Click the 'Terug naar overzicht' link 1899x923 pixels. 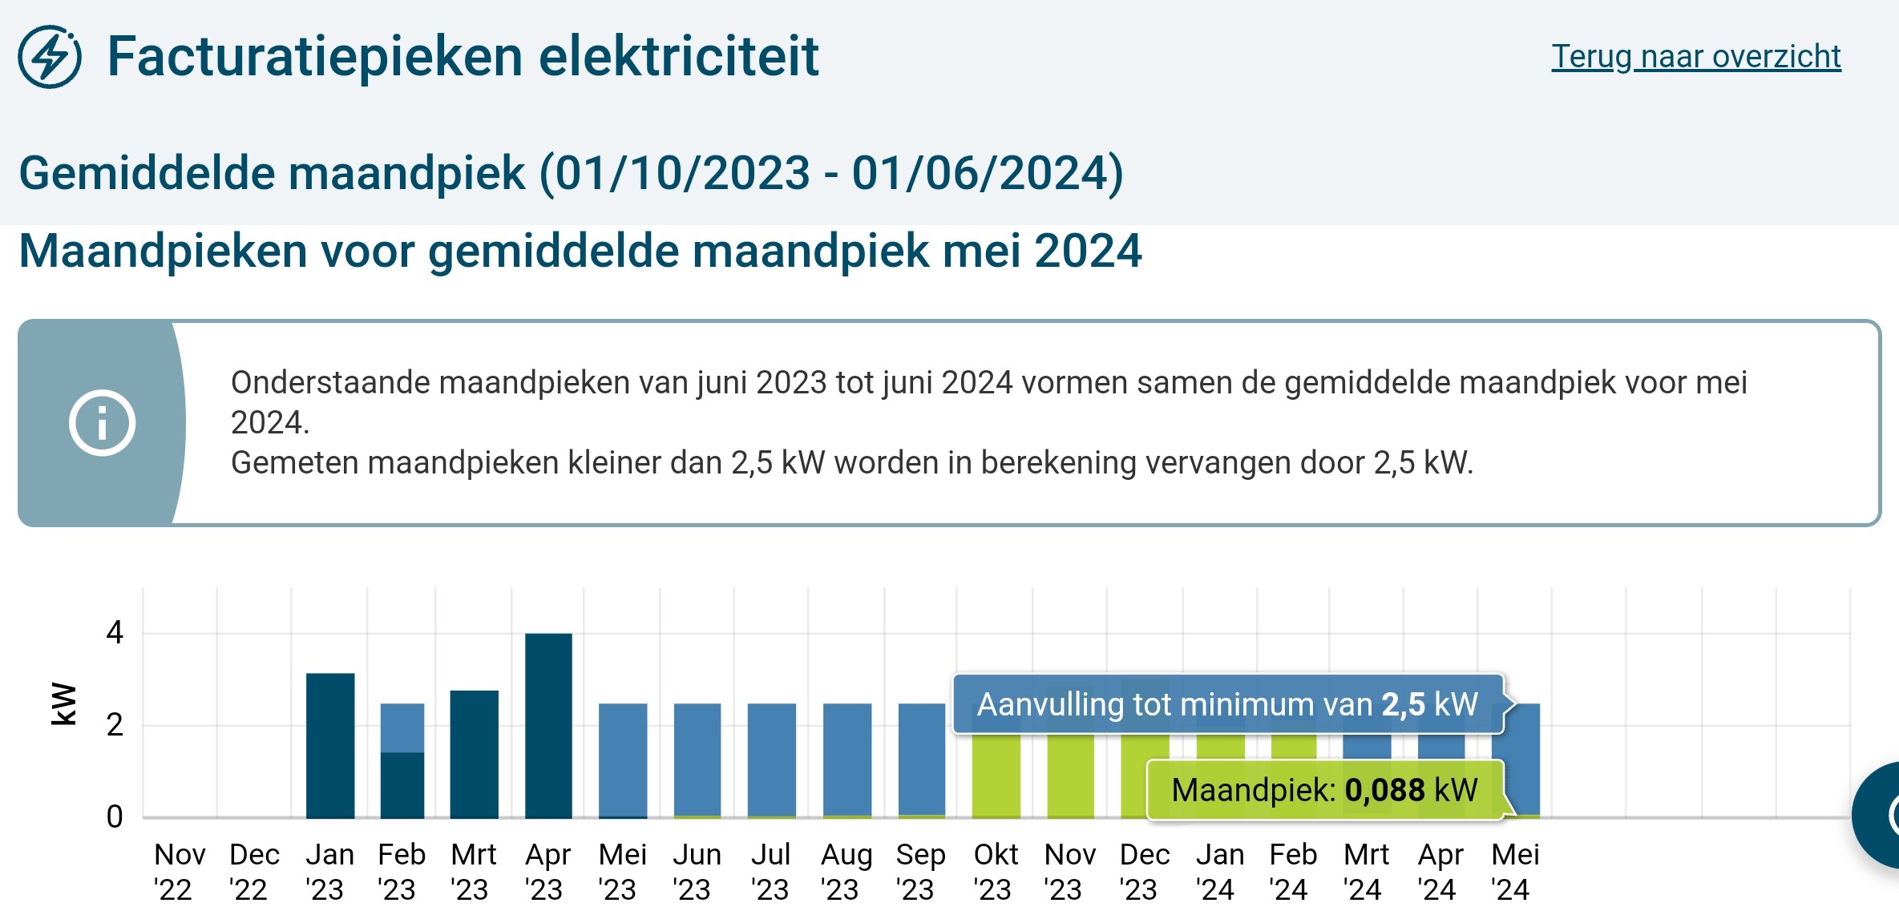tap(1695, 57)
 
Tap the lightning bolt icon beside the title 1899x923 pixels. tap(50, 57)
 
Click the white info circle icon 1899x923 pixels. tap(102, 423)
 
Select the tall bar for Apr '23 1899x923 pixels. tap(548, 725)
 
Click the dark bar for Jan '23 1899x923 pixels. tap(330, 745)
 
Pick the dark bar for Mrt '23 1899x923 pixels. tap(474, 753)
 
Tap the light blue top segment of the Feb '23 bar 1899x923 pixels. tap(402, 728)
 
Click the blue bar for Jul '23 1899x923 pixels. tap(771, 760)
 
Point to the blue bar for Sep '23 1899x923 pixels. tap(921, 760)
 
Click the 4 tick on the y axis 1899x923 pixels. tap(115, 633)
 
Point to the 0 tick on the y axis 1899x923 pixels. tap(115, 816)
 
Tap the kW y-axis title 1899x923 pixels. tap(64, 704)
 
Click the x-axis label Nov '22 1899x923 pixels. tap(179, 872)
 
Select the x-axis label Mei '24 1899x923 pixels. tap(1514, 872)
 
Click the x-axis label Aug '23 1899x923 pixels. tap(846, 872)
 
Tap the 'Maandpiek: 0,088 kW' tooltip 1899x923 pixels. tap(1324, 790)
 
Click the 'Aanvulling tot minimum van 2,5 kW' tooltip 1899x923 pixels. tap(1227, 704)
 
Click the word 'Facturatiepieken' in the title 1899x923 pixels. tap(316, 57)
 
